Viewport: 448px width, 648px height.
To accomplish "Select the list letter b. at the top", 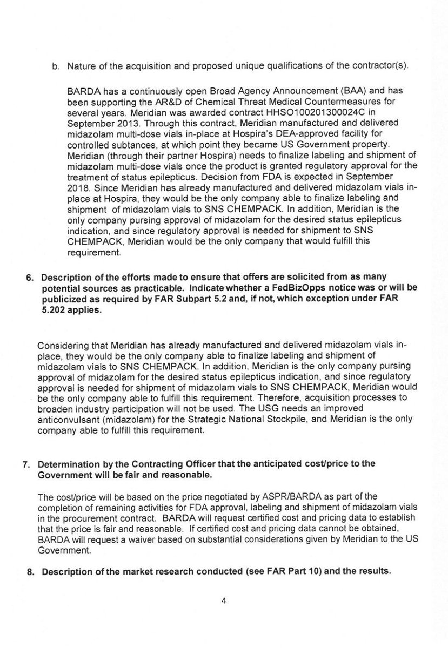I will pos(55,66).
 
